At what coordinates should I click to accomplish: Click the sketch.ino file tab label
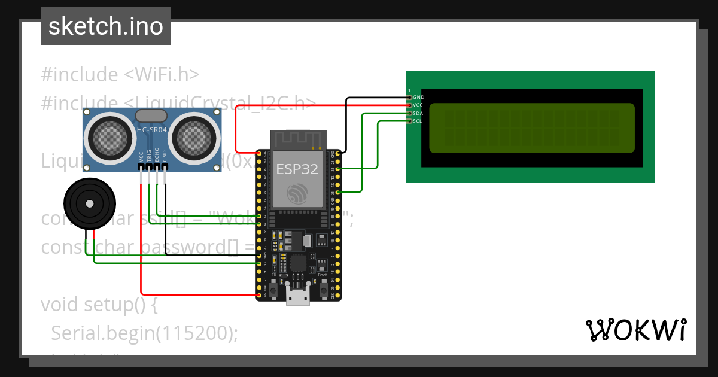click(106, 26)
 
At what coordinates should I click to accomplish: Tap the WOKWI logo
click(635, 330)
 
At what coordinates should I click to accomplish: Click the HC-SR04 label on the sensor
click(153, 129)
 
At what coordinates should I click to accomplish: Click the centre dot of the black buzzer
click(90, 204)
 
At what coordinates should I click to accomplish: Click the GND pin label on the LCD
click(418, 97)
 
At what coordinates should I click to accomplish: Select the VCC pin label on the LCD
click(418, 105)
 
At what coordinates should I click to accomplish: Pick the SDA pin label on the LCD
click(418, 113)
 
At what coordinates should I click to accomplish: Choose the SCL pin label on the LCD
click(418, 121)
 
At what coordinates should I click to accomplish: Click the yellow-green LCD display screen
click(532, 127)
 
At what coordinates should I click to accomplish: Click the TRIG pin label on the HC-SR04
click(149, 156)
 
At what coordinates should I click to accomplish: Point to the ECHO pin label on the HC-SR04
click(157, 155)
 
